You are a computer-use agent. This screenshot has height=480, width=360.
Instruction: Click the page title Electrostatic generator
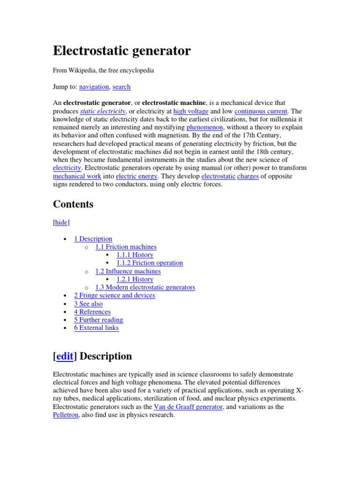click(x=122, y=51)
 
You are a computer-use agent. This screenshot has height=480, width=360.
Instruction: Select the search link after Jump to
click(x=121, y=87)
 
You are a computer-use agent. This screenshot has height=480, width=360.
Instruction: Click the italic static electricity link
click(x=103, y=111)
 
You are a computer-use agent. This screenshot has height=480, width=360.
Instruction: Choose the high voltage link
click(x=191, y=111)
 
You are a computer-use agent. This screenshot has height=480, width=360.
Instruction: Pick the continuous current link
click(x=261, y=111)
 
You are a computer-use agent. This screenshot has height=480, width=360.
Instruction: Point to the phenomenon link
click(x=205, y=127)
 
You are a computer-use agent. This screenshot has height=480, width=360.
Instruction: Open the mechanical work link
click(x=77, y=176)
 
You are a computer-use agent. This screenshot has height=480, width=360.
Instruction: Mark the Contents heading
click(x=73, y=204)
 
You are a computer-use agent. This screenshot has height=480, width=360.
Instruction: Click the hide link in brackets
click(x=61, y=223)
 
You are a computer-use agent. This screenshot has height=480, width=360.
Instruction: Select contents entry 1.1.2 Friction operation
click(x=150, y=263)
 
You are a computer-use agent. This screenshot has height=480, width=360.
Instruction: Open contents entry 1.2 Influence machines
click(x=128, y=271)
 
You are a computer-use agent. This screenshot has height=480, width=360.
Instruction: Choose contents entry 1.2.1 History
click(x=135, y=279)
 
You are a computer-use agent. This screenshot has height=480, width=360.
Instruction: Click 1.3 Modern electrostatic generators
click(x=145, y=287)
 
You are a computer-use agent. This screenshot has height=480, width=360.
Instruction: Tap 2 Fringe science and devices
click(x=114, y=295)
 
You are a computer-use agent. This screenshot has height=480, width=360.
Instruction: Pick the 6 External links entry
click(x=96, y=328)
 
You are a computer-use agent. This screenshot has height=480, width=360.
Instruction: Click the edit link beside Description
click(x=65, y=356)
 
